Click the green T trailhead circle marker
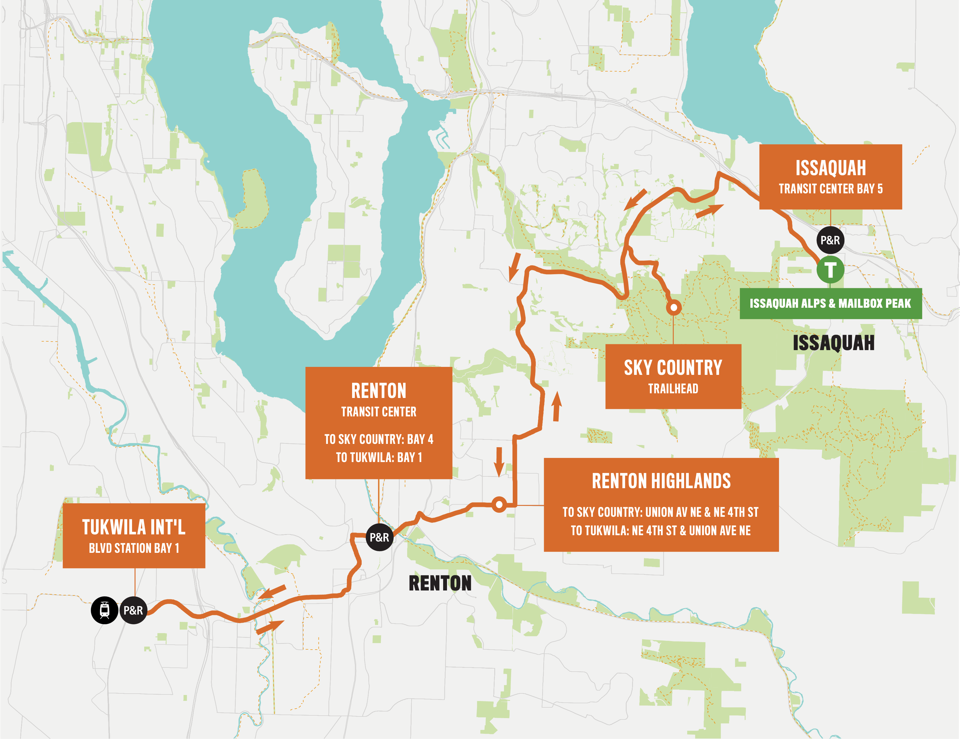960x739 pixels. coord(830,270)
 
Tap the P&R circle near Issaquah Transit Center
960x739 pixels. coord(830,240)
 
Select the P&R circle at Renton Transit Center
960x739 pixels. coord(379,537)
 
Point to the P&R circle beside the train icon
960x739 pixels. coord(133,610)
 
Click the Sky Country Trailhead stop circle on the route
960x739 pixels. coord(673,307)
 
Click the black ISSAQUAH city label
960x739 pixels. coord(833,343)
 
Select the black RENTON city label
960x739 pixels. coord(440,583)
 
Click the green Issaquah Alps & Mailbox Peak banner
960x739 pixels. coord(830,303)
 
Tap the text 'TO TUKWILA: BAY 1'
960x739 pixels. coord(379,458)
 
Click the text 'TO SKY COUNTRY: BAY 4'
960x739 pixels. coord(379,439)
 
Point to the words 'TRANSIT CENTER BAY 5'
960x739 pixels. coord(830,189)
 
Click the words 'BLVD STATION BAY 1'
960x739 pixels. coord(134,548)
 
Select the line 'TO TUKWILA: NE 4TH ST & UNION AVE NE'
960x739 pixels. coord(661,531)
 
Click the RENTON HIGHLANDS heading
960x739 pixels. coord(661,481)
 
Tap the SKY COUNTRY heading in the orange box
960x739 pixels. coord(673,367)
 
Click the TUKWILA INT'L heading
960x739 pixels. coord(134,527)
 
